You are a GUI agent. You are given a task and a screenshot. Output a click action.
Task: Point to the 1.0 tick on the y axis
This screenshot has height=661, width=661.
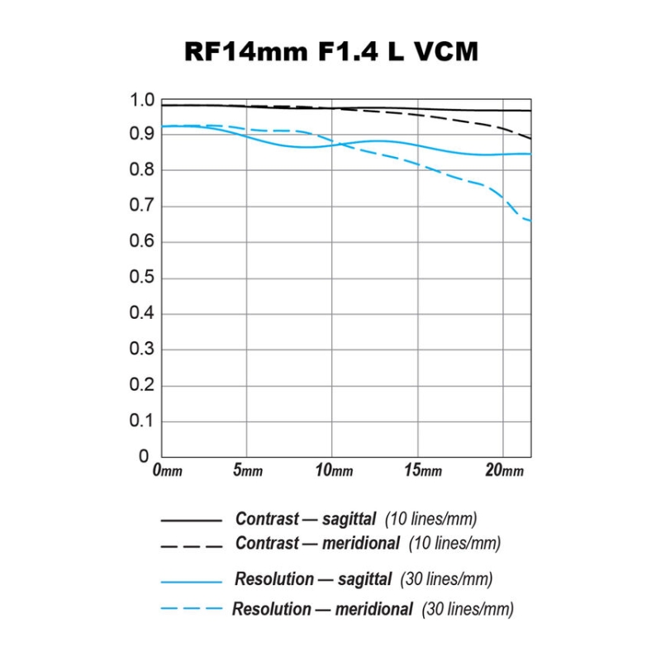(x=143, y=101)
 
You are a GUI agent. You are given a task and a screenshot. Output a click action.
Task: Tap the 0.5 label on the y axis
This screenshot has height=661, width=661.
(x=143, y=278)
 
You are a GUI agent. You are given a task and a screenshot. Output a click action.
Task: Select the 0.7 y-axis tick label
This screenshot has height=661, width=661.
(x=143, y=206)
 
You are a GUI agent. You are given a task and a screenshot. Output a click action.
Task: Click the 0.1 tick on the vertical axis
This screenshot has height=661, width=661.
(x=143, y=421)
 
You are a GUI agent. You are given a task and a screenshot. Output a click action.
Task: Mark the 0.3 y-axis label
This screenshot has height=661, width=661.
(x=143, y=350)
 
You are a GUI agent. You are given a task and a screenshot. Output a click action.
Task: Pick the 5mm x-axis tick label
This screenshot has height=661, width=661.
(x=248, y=470)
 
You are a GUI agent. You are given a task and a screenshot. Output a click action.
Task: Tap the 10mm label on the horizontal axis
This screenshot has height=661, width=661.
(x=334, y=470)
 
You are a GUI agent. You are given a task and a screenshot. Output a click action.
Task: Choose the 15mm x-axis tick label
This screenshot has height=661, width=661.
(x=422, y=470)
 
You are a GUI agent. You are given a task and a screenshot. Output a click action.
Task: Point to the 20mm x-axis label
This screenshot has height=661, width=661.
(x=504, y=470)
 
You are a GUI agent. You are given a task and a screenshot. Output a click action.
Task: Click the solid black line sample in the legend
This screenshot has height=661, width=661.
(x=191, y=521)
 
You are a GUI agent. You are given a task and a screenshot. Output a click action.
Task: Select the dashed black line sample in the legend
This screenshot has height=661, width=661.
(x=191, y=546)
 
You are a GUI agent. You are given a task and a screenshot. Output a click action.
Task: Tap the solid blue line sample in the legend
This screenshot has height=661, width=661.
(x=191, y=582)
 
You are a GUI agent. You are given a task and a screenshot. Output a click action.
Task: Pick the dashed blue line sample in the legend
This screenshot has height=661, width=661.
(x=191, y=609)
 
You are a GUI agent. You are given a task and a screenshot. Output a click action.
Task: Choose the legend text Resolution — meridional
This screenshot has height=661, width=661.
(x=322, y=610)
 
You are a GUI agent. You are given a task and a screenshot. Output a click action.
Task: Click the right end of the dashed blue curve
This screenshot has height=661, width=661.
(x=530, y=221)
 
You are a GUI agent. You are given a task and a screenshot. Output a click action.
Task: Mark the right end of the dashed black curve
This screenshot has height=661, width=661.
(x=530, y=138)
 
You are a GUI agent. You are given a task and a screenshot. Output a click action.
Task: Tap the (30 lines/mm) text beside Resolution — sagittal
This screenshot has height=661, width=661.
(x=447, y=579)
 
